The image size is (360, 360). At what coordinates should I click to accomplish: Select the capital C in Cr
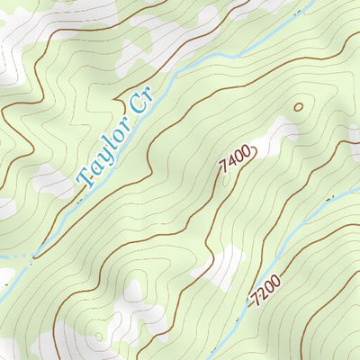(136, 107)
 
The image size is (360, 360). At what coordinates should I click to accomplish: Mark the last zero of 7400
(244, 153)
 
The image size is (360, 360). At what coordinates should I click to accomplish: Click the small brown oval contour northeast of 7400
(299, 107)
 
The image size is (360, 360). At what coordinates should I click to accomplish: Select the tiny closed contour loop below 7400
(224, 180)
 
